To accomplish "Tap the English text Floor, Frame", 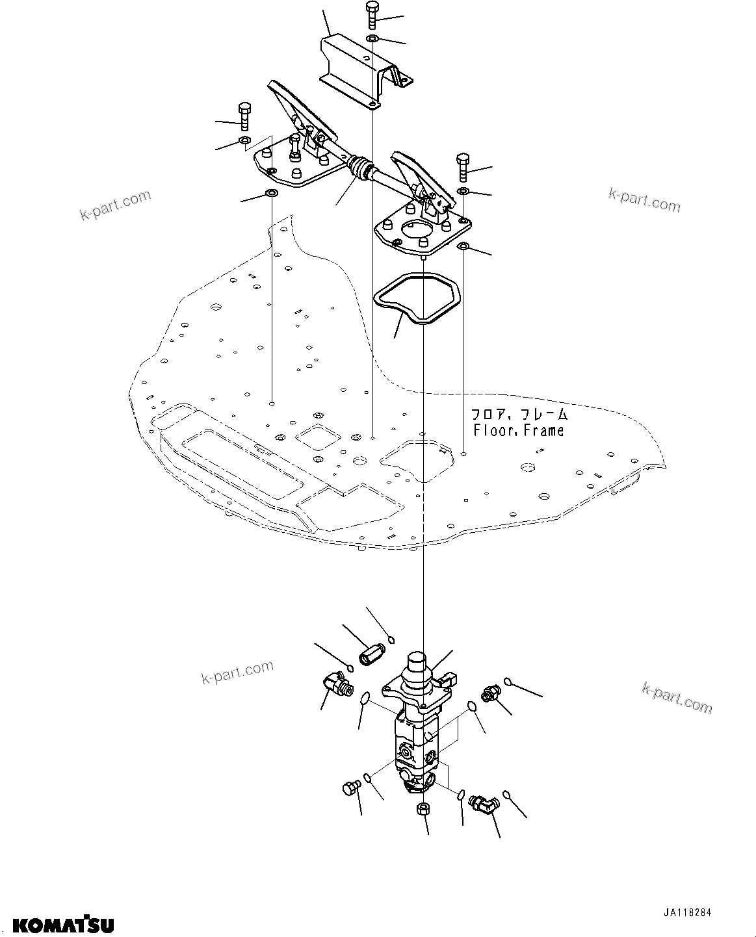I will [x=519, y=430].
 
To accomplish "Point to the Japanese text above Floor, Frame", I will [x=519, y=414].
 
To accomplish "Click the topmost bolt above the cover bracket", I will [x=372, y=14].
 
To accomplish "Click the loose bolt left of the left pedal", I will [x=245, y=116].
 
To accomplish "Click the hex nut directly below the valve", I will [x=421, y=808].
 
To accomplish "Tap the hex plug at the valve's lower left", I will [x=348, y=789].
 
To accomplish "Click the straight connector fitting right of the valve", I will [x=490, y=694].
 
